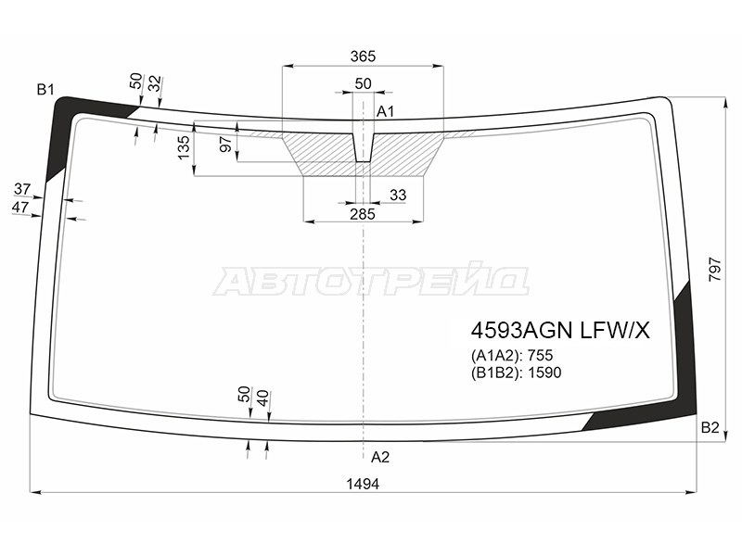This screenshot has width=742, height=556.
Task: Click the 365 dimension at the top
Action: [363, 57]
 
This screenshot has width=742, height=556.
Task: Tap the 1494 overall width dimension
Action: [363, 484]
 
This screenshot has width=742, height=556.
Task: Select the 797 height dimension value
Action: [715, 270]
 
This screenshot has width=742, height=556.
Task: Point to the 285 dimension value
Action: [363, 214]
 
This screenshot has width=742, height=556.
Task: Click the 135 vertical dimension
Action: [184, 147]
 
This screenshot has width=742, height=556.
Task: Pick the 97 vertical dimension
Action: [226, 145]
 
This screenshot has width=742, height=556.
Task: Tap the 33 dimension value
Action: [398, 195]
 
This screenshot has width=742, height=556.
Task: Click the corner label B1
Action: [45, 89]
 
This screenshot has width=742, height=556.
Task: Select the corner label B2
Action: [710, 428]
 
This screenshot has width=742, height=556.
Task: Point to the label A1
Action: [385, 111]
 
